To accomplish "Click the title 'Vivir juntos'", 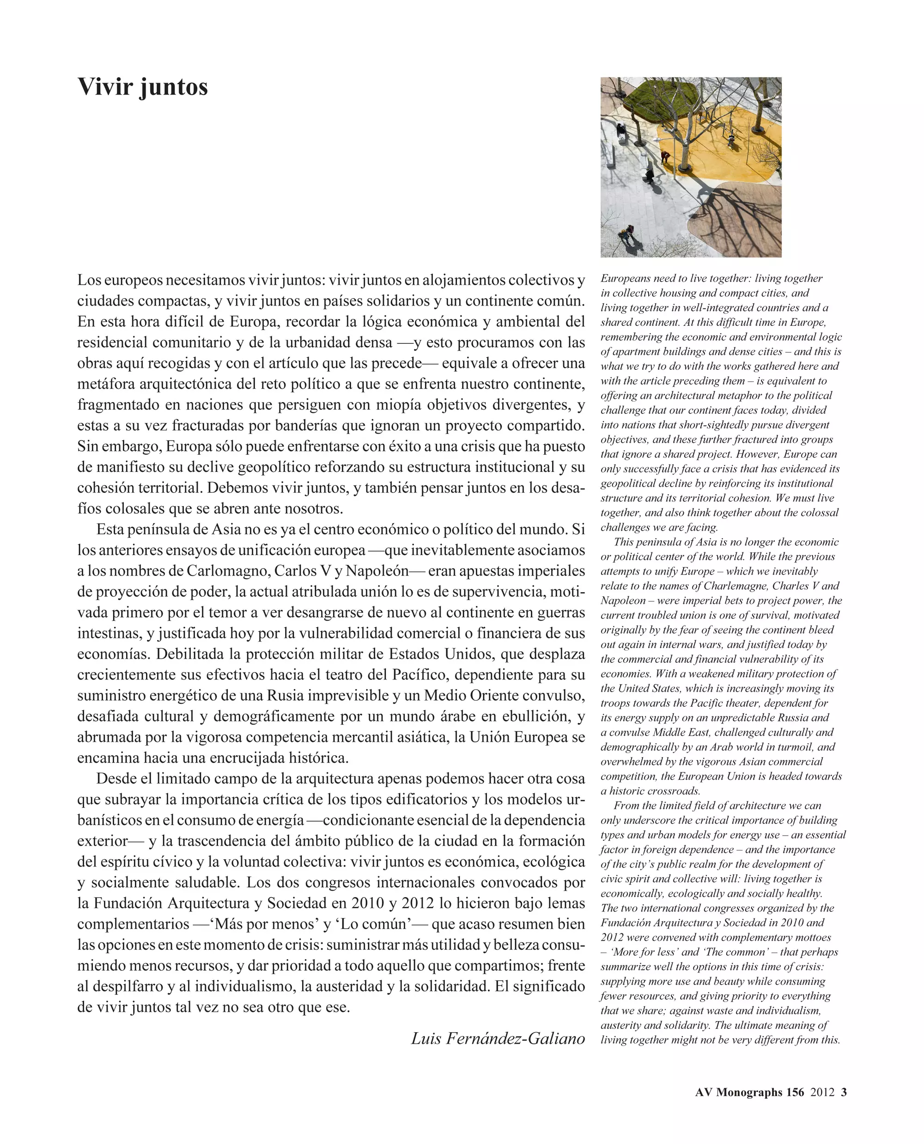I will point(143,87).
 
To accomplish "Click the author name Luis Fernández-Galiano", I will point(498,1038).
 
